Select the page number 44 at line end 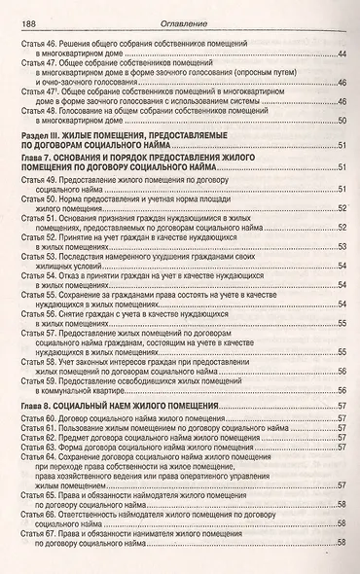tap(342, 54)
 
